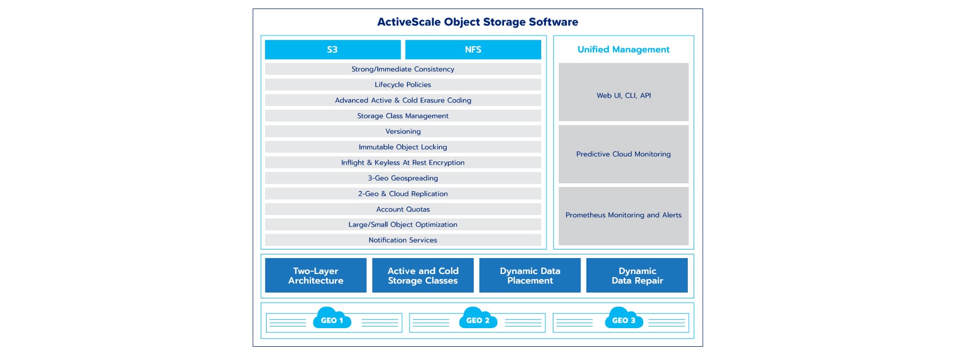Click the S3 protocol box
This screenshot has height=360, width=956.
pyautogui.click(x=332, y=49)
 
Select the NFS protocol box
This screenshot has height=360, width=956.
pyautogui.click(x=473, y=49)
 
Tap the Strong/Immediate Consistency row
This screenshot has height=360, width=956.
pyautogui.click(x=403, y=69)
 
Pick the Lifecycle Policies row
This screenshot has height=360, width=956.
pyautogui.click(x=403, y=84)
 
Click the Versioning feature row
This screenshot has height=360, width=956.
pyautogui.click(x=403, y=131)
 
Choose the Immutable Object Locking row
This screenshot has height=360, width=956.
pyautogui.click(x=403, y=147)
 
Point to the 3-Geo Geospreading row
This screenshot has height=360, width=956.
pyautogui.click(x=403, y=178)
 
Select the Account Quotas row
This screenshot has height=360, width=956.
pyautogui.click(x=403, y=209)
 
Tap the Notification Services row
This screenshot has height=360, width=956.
pyautogui.click(x=403, y=240)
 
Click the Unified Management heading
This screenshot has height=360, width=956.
pyautogui.click(x=623, y=49)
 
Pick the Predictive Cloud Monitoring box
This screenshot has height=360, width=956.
pyautogui.click(x=623, y=154)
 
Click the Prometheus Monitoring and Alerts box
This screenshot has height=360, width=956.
pyautogui.click(x=623, y=216)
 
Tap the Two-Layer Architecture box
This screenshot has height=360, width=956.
pyautogui.click(x=315, y=276)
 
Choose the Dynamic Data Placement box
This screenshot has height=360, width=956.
pyautogui.click(x=530, y=276)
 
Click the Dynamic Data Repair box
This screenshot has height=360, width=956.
pyautogui.click(x=637, y=276)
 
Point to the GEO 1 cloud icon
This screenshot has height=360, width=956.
pyautogui.click(x=332, y=319)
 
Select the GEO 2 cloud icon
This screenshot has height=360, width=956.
pyautogui.click(x=477, y=319)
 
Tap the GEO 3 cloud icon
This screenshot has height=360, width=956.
pyautogui.click(x=624, y=319)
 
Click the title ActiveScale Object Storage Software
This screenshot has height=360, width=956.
pyautogui.click(x=477, y=22)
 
